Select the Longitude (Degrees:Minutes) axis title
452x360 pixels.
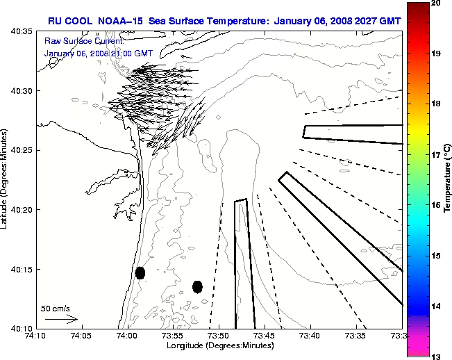(x=219, y=345)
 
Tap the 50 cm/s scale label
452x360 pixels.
(x=56, y=308)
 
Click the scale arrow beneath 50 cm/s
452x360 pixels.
(x=61, y=319)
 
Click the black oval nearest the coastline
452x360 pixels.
(x=140, y=272)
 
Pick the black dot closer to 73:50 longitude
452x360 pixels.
(x=197, y=286)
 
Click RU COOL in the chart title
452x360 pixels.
(x=68, y=21)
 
